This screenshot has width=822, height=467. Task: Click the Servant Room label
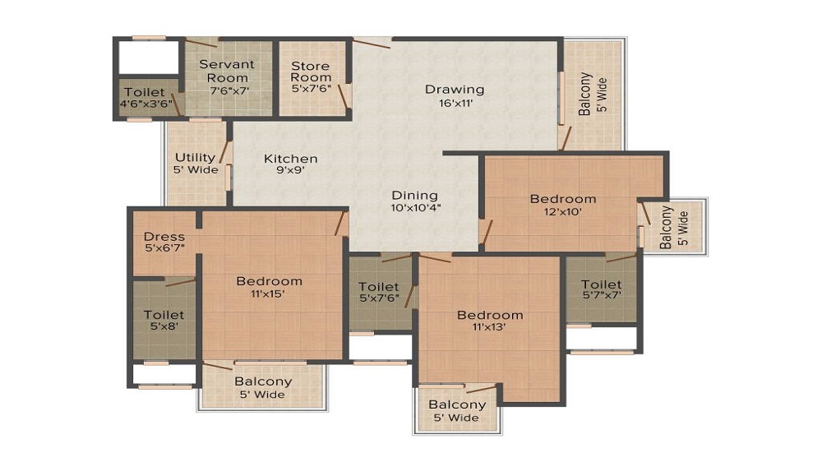point(227,71)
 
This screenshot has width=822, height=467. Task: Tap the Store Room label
point(311,72)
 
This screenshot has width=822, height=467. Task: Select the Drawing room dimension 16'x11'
point(455,103)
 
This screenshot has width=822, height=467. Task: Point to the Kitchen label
point(290,159)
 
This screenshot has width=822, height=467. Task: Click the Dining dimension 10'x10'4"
point(415,207)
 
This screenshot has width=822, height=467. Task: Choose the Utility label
point(195,157)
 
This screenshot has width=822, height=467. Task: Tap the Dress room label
point(164,237)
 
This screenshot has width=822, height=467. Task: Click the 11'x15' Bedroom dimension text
point(268,294)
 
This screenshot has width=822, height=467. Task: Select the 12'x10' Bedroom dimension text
point(563,212)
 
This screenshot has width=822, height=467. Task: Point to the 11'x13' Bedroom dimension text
point(489,327)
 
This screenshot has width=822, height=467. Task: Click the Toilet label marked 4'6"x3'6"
point(145,92)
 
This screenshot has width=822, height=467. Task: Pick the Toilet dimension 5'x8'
point(164,326)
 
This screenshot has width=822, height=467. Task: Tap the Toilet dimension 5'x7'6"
point(379,298)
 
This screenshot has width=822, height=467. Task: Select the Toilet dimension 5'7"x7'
point(602,295)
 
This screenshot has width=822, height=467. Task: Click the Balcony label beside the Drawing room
point(584,94)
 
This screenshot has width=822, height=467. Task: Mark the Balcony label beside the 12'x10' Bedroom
point(666,227)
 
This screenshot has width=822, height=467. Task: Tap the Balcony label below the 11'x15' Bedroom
point(263,381)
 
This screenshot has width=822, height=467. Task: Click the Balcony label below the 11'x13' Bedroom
point(457,405)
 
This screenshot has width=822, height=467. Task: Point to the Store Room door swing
point(344,96)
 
